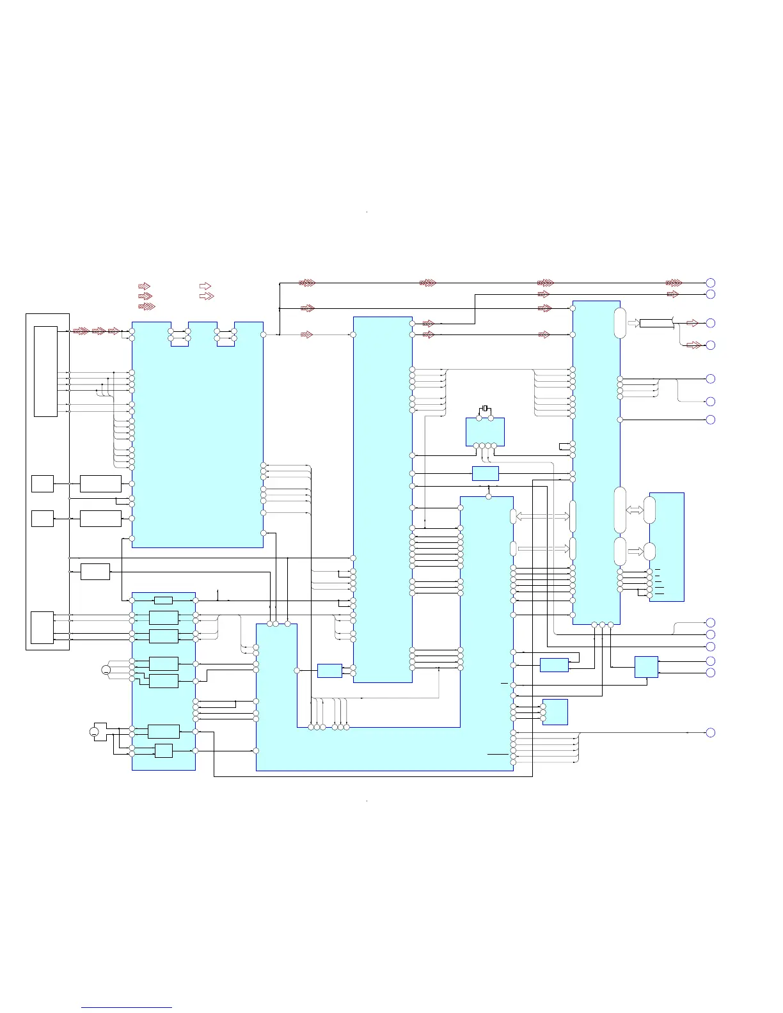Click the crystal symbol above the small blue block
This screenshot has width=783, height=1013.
coord(485,408)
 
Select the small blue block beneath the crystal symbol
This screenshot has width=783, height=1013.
coord(485,431)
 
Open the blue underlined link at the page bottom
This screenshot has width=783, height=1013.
coord(127,1007)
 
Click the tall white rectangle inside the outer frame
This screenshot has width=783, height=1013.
coord(45,372)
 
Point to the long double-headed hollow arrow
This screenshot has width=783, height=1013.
coord(542,517)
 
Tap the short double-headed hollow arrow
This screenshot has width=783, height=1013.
coord(635,510)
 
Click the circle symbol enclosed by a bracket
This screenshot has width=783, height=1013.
coord(94,732)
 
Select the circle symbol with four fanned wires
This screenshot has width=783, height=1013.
coord(106,670)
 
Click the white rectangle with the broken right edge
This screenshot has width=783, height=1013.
coord(657,323)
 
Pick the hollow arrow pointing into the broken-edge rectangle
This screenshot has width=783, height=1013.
coord(633,323)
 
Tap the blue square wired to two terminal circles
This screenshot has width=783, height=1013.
coord(646,667)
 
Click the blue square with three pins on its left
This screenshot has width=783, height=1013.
coord(555,712)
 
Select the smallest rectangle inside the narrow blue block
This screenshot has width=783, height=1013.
coord(164,600)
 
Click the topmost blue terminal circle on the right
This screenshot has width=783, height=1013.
coord(710,283)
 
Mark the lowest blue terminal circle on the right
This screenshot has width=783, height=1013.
coord(710,732)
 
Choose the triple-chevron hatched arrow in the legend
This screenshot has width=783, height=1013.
coord(146,307)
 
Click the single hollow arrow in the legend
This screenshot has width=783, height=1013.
coord(205,286)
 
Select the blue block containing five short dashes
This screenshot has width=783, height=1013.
coord(667,547)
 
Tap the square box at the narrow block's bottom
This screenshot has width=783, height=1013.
coord(164,750)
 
